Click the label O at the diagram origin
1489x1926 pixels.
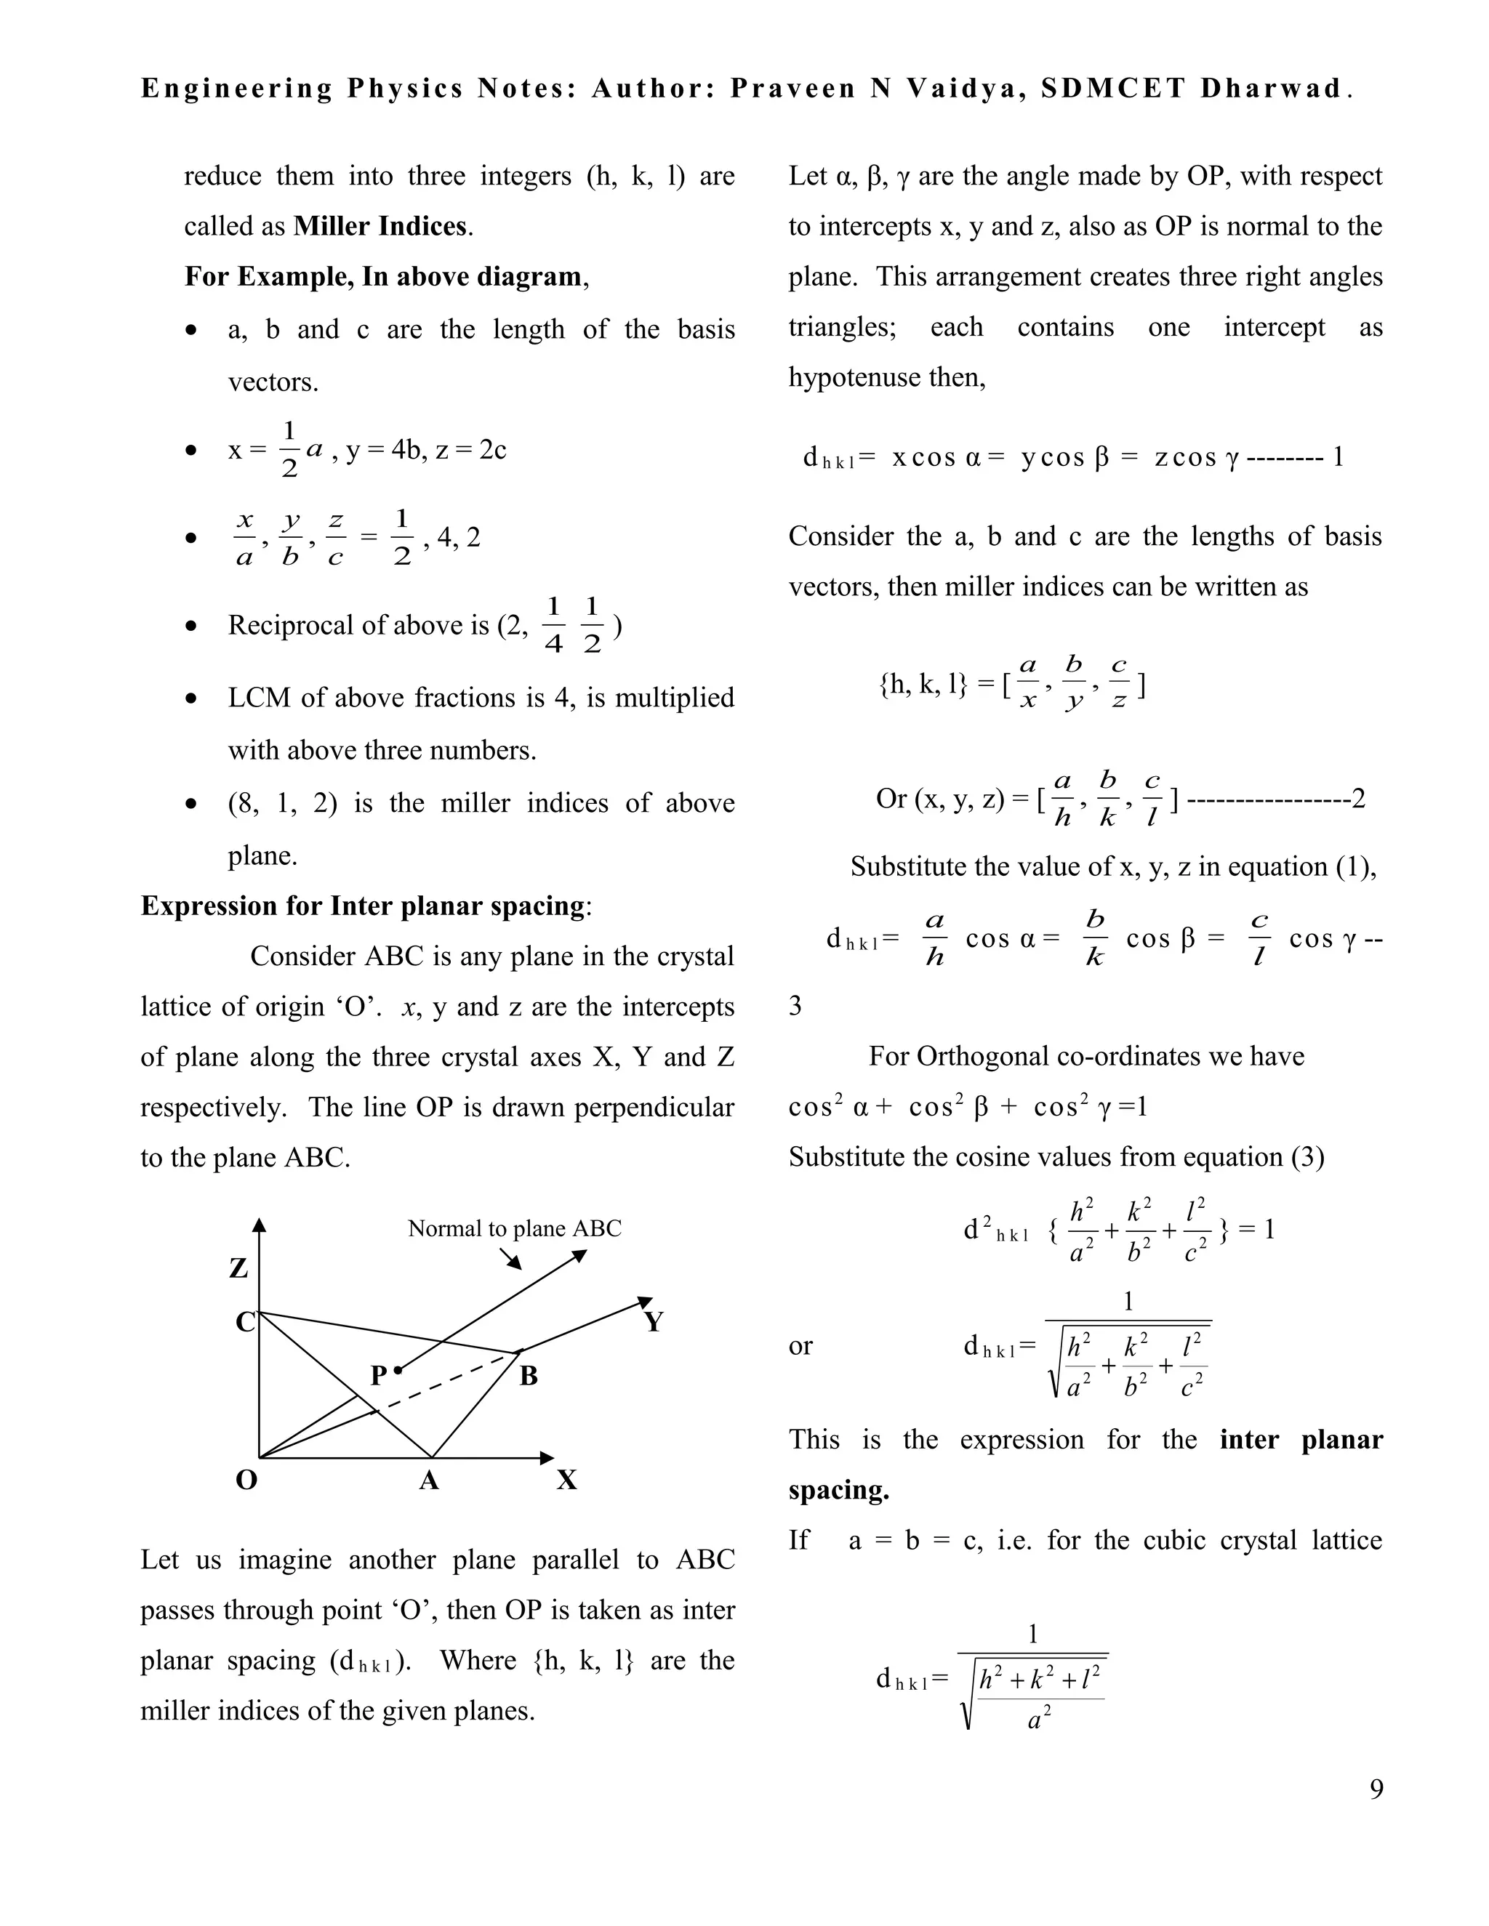[246, 1480]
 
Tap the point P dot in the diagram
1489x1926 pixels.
[398, 1369]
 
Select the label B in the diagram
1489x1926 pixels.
[529, 1376]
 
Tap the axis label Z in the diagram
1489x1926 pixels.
[239, 1268]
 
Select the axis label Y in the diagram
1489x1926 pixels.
[653, 1322]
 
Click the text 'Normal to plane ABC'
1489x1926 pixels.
[514, 1228]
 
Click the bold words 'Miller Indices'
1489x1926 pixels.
[380, 227]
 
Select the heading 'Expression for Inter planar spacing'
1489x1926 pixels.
[363, 906]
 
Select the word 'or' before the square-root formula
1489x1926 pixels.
[800, 1346]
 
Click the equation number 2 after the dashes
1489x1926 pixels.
[1358, 799]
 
